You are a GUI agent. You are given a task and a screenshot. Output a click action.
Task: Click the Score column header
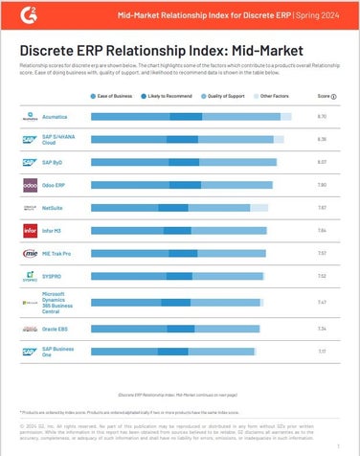(326, 96)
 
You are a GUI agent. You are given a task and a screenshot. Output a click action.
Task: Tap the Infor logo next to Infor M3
(30, 231)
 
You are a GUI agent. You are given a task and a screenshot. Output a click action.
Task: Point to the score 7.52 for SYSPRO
(323, 277)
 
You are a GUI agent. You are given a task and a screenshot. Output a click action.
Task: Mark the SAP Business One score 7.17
(323, 352)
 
